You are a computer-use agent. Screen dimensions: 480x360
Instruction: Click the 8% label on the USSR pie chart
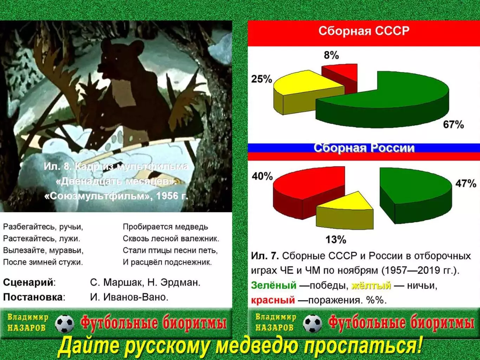tap(331, 55)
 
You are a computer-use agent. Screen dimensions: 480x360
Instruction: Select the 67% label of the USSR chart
tap(453, 125)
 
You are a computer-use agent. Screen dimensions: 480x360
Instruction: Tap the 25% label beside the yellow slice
tap(261, 79)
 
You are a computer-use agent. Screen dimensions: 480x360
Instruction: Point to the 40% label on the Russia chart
tap(262, 176)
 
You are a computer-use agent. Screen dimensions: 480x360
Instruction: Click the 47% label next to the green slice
tap(466, 183)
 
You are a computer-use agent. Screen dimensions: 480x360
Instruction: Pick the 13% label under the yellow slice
tap(336, 240)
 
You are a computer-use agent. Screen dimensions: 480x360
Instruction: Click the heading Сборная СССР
tap(364, 31)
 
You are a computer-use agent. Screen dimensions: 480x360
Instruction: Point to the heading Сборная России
tap(364, 148)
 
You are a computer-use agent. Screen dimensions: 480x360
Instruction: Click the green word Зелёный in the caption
tap(274, 285)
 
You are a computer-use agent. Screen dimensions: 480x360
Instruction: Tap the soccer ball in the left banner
tap(65, 323)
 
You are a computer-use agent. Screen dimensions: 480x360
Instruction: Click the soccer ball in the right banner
tap(312, 323)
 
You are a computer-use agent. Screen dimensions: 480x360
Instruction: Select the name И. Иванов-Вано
tap(129, 297)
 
